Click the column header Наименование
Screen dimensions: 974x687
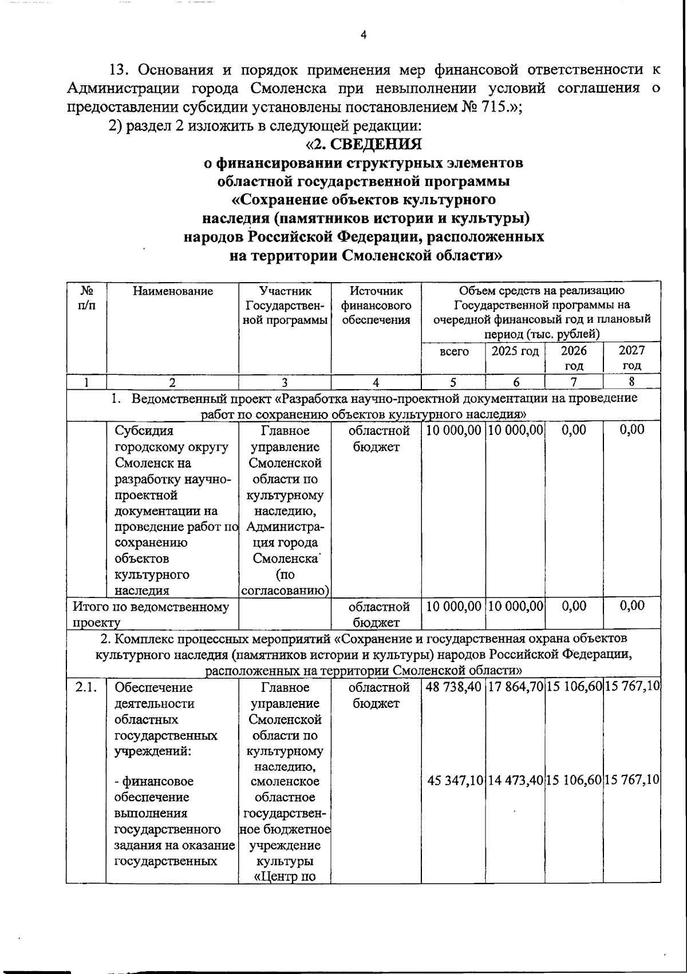(x=172, y=291)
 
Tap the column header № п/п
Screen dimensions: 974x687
(x=86, y=298)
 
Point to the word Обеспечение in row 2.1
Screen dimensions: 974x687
(x=146, y=687)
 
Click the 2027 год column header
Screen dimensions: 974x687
(x=632, y=358)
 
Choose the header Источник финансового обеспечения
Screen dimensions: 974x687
(x=376, y=306)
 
